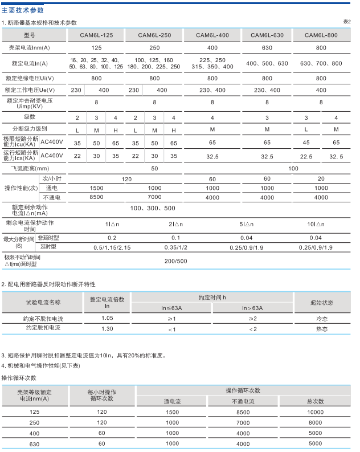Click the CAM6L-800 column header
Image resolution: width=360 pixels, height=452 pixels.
click(x=321, y=35)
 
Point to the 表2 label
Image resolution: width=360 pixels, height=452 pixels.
click(x=347, y=22)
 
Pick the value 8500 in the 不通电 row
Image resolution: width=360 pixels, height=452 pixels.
click(x=96, y=197)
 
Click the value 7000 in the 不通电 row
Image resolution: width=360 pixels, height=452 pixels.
click(x=154, y=197)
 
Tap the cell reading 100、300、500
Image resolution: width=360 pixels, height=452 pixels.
click(x=153, y=209)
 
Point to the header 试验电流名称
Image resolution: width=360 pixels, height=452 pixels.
click(x=42, y=302)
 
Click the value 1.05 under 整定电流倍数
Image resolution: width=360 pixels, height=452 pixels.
click(x=107, y=318)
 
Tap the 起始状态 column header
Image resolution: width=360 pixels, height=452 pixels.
click(x=322, y=302)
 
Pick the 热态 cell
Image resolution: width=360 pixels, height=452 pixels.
click(x=322, y=329)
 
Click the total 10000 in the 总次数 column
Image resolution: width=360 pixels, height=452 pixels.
click(x=315, y=412)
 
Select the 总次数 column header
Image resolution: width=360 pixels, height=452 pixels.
click(x=315, y=402)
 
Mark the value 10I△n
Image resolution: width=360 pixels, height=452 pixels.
click(x=316, y=224)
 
